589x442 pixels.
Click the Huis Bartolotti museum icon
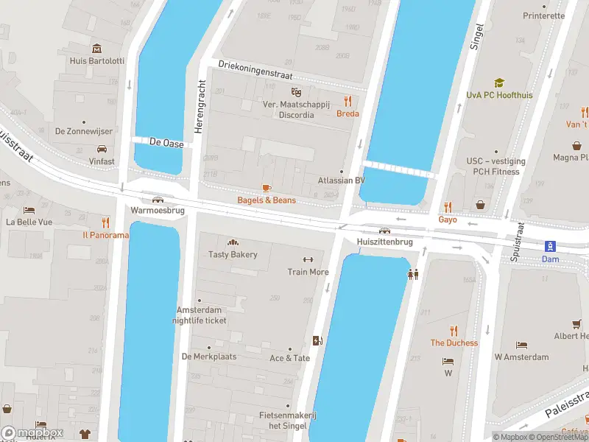[x=96, y=49]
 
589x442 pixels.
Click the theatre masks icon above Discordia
[x=297, y=92]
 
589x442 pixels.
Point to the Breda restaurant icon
[x=348, y=102]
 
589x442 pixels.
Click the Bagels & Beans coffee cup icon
[x=267, y=189]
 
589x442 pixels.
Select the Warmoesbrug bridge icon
[x=157, y=199]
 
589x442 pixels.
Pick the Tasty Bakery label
[x=233, y=255]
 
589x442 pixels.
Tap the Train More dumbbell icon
[x=308, y=259]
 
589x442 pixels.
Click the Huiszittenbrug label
[x=384, y=242]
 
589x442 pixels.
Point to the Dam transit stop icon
[x=550, y=246]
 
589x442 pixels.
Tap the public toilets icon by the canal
[x=414, y=274]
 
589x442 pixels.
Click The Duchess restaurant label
[x=454, y=343]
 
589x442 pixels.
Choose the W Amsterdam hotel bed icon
[x=521, y=345]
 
